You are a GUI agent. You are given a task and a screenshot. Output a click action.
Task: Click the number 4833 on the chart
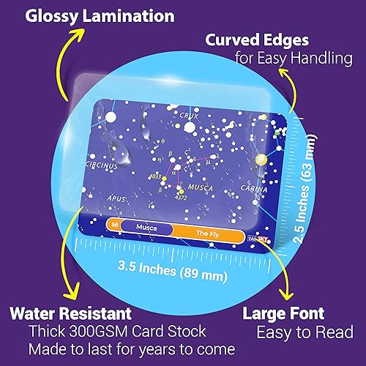(x=155, y=176)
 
